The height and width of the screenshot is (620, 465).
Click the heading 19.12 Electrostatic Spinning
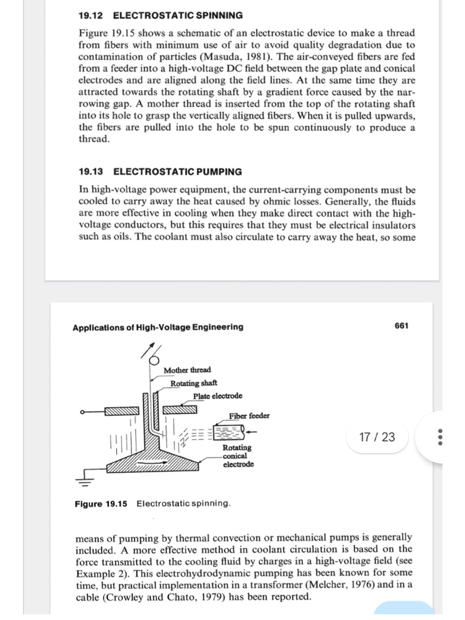tap(160, 15)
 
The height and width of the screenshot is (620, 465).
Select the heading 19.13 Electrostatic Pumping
tap(160, 172)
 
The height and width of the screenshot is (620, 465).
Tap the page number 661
tap(401, 326)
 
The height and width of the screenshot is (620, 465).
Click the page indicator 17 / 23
tap(376, 437)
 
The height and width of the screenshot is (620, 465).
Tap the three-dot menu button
tap(441, 437)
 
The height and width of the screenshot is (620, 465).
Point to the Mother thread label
tap(187, 370)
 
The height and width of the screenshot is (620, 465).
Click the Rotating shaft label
tap(194, 383)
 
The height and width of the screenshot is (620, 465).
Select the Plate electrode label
tap(217, 396)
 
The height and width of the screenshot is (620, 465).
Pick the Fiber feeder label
tap(249, 416)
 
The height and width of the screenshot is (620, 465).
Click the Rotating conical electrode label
tap(238, 456)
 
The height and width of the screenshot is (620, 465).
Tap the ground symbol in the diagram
tap(85, 482)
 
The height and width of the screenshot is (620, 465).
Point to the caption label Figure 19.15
tap(101, 504)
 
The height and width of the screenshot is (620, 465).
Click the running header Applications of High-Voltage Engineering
tap(158, 327)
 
